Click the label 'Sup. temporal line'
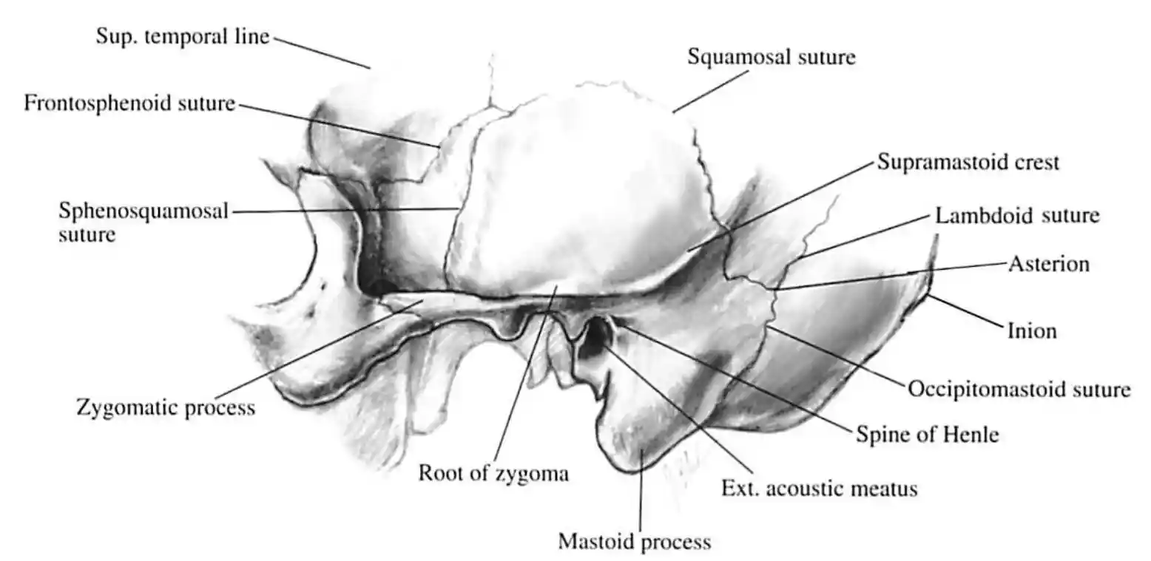pos(183,36)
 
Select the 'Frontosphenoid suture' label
pos(129,103)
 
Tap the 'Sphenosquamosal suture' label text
pos(144,222)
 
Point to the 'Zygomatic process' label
pos(166,407)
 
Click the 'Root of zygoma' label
pos(494,473)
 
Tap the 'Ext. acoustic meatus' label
pos(819,488)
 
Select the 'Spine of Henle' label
pos(928,435)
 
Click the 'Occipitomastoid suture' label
pos(1019,389)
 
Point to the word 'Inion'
pos(1033,331)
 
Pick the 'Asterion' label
pos(1049,264)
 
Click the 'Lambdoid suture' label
pos(1017,215)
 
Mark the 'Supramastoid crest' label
pos(968,162)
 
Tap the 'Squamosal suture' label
pos(772,56)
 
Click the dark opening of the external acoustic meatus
pos(596,336)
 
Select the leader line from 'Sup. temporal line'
pos(322,53)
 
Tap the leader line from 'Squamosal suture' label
pos(711,92)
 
